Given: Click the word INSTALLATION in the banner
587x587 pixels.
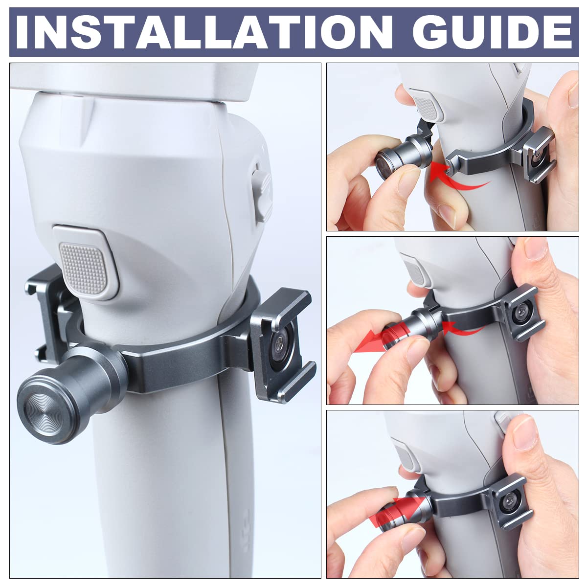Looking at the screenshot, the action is (x=204, y=32).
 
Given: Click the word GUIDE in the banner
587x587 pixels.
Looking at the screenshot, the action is (x=492, y=32).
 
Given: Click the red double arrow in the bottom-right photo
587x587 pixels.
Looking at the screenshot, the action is (x=399, y=513).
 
